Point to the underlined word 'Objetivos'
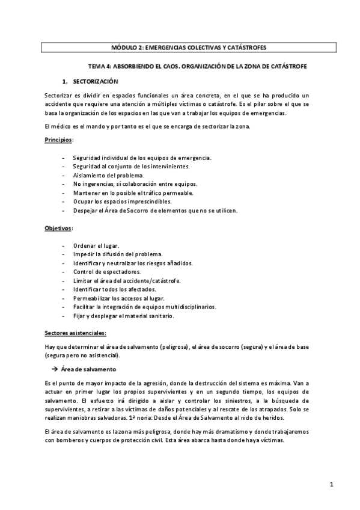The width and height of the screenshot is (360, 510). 58,229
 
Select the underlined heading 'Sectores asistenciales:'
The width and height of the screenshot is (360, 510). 76,333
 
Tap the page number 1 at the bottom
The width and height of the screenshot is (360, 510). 331,485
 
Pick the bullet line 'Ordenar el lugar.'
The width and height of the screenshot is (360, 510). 96,246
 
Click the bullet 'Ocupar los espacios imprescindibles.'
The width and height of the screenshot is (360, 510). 121,201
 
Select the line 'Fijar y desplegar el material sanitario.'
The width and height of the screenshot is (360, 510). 123,316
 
